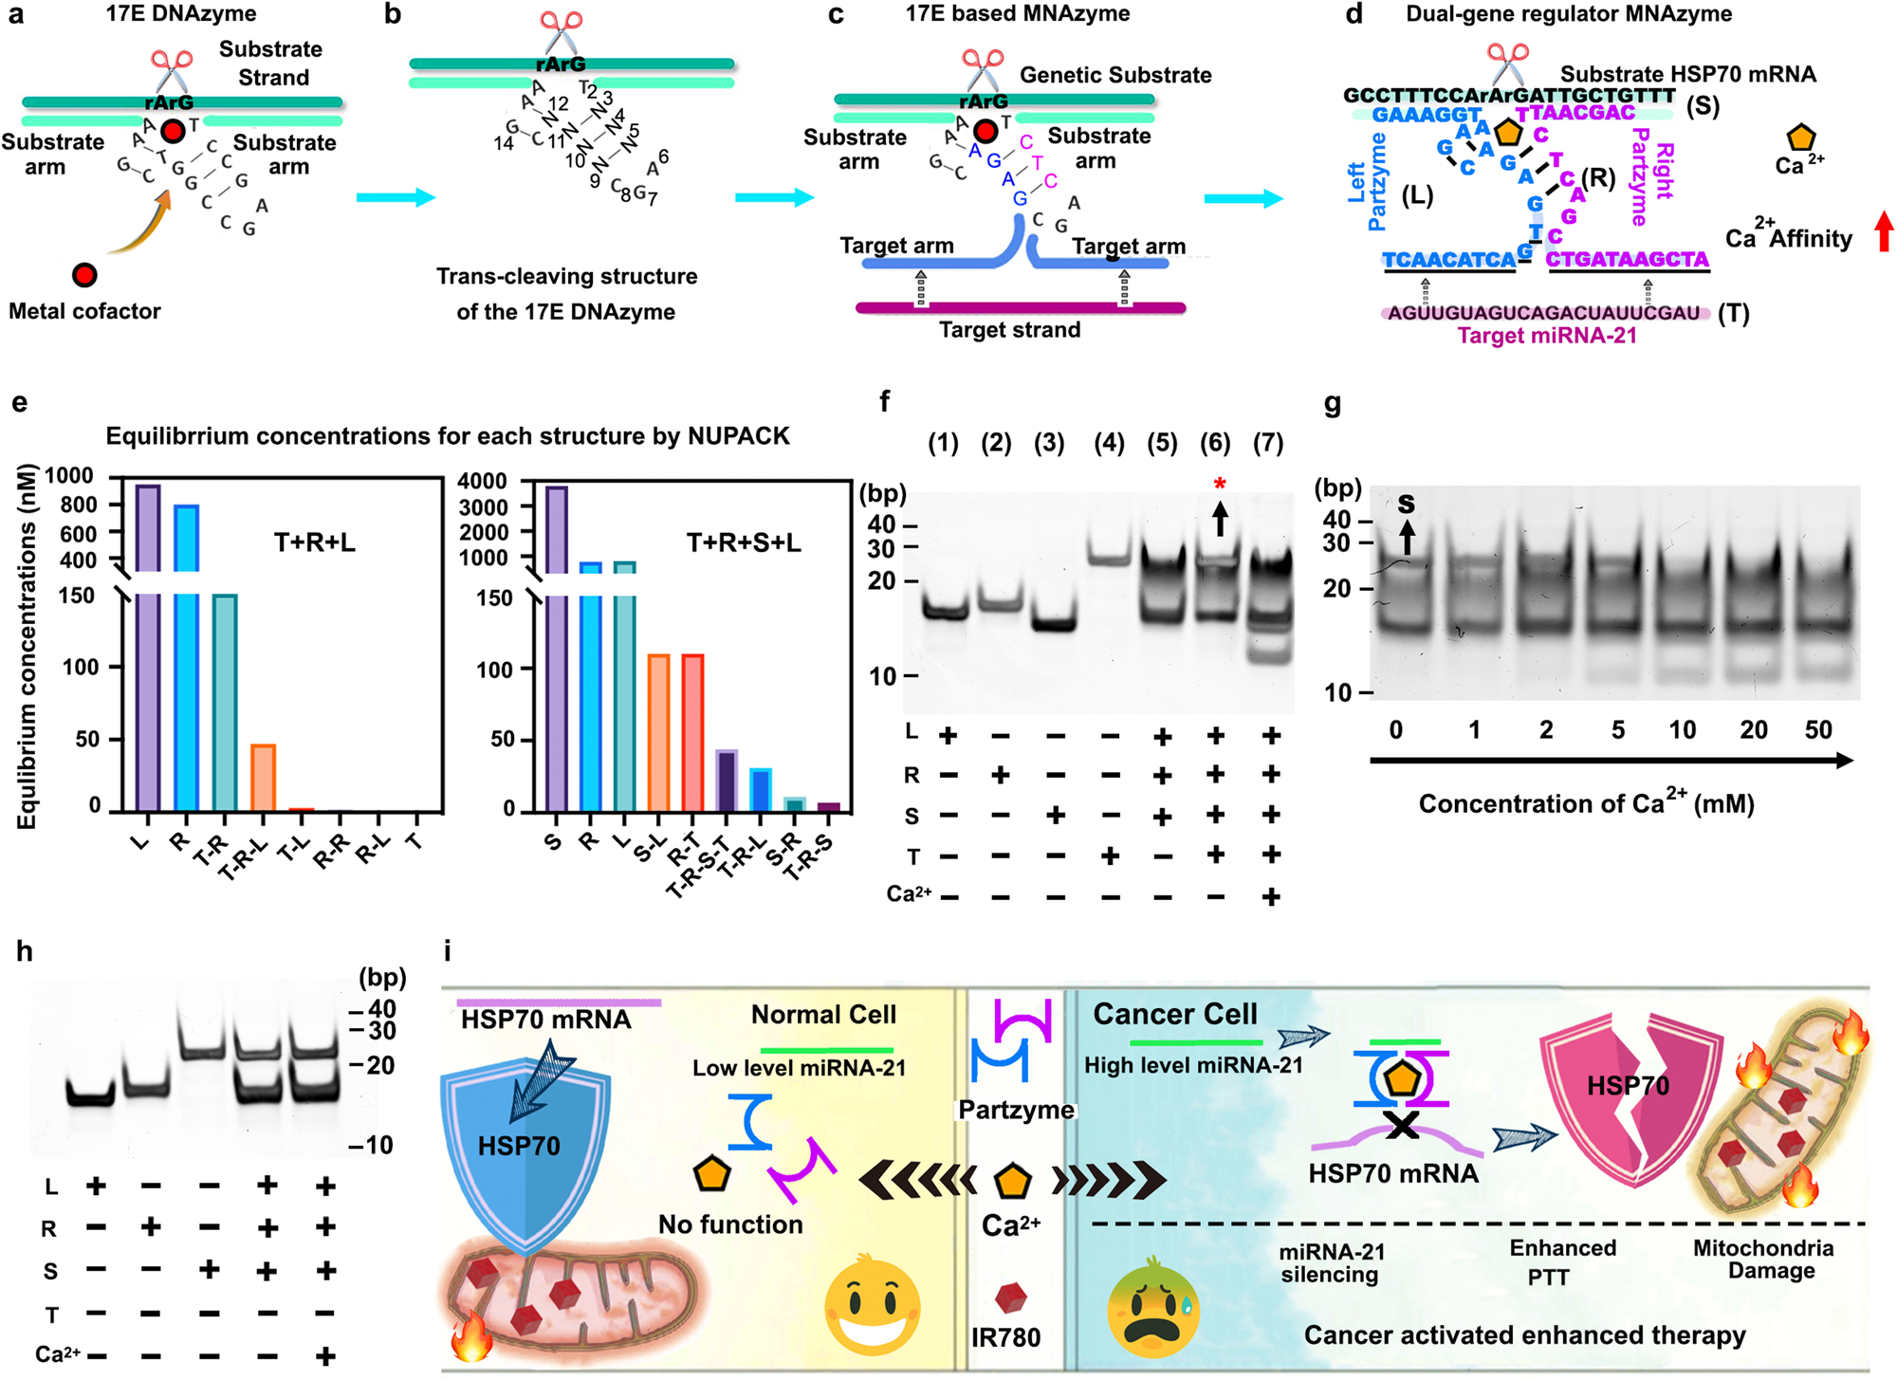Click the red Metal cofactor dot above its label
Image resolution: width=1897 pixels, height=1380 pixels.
point(84,275)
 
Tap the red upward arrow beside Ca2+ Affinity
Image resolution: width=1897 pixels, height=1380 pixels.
point(1884,230)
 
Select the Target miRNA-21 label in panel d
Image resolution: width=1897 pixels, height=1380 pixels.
point(1547,336)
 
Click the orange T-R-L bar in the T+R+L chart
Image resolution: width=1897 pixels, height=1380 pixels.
point(263,778)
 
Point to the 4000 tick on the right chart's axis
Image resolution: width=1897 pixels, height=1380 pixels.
point(483,482)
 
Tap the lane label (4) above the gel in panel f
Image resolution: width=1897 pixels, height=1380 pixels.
point(1109,443)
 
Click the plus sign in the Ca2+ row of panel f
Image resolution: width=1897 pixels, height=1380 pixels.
point(1271,896)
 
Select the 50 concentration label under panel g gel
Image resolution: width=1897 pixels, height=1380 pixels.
point(1818,729)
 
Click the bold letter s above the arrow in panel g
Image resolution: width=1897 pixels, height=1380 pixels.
point(1407,504)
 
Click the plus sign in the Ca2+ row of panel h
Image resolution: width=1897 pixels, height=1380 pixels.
point(325,1355)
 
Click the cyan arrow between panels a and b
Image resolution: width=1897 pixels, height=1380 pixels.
point(396,197)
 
